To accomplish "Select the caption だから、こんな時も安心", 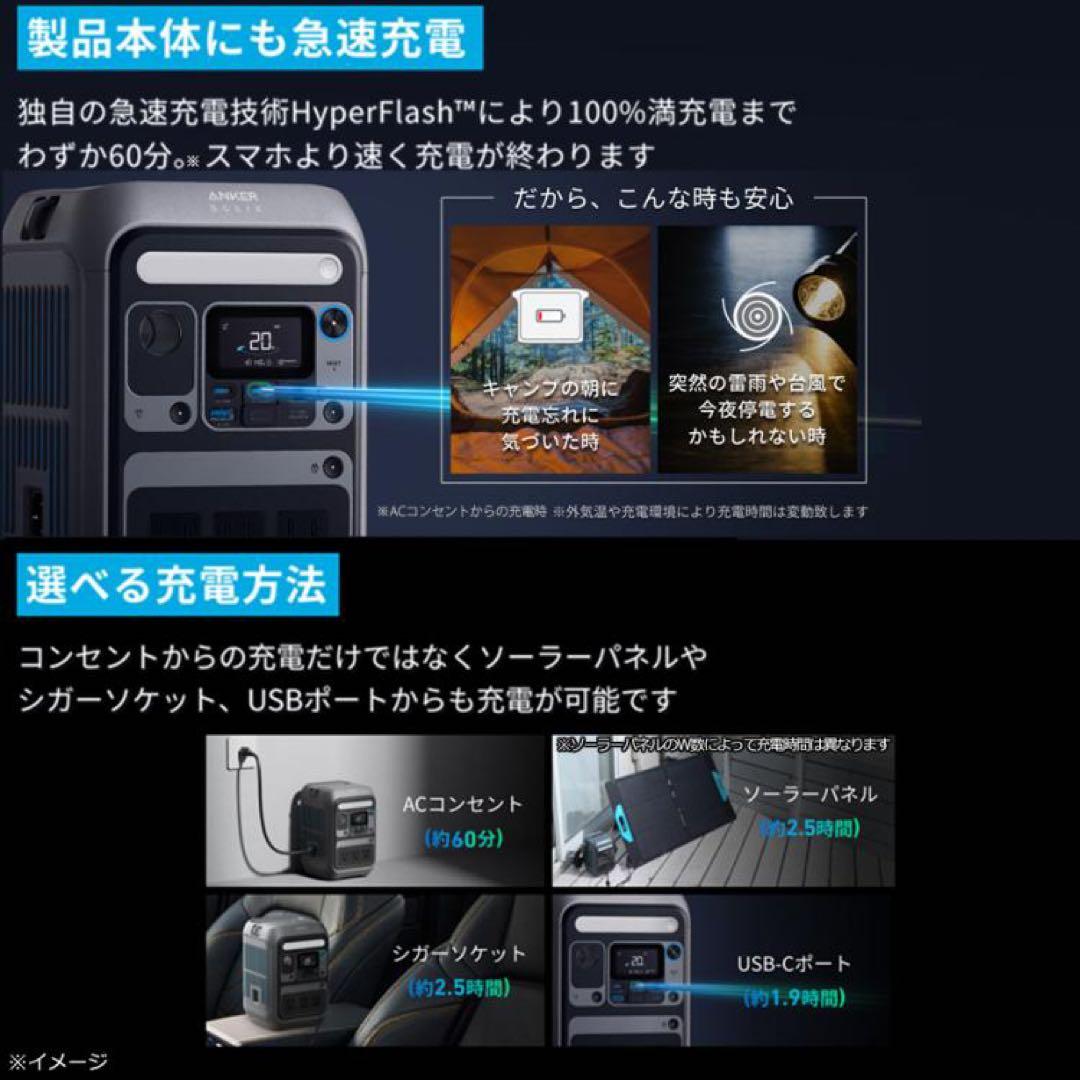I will point(653,198).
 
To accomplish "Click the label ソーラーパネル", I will point(810,795).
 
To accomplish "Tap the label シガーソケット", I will point(459,954).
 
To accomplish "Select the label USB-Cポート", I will point(794,964).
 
